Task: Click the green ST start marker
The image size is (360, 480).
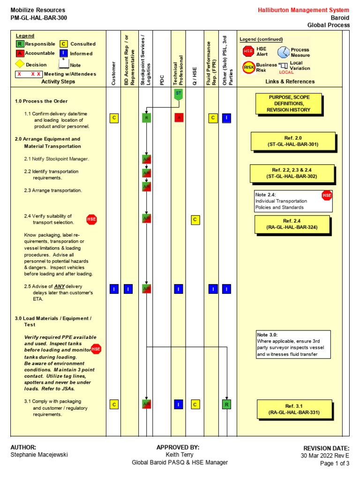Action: coord(178,94)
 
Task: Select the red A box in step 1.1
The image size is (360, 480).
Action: coord(179,118)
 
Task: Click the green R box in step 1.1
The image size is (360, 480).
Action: coord(147,118)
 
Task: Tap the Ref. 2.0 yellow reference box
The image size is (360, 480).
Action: coord(293,141)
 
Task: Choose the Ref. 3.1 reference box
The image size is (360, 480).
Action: coord(294,409)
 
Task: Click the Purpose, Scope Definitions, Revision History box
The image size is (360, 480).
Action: coord(289,103)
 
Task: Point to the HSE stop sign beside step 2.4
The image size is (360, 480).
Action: coord(91,219)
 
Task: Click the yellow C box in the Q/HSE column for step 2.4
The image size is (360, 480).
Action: coord(195,219)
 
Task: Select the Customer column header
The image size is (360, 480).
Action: coord(113,74)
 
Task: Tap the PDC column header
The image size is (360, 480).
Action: coord(162,80)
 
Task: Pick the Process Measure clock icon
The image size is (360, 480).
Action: coord(284,52)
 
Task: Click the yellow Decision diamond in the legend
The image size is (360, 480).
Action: coord(20,64)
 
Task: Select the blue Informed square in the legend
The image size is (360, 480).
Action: coord(64,53)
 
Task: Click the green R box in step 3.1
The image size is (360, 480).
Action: coord(226,404)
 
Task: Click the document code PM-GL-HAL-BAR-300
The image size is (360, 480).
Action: coord(38,18)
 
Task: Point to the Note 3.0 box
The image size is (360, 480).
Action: coord(293,345)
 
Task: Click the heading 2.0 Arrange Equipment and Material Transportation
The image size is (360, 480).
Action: coord(47,142)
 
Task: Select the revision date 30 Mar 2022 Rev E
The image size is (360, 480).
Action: coord(325,456)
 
